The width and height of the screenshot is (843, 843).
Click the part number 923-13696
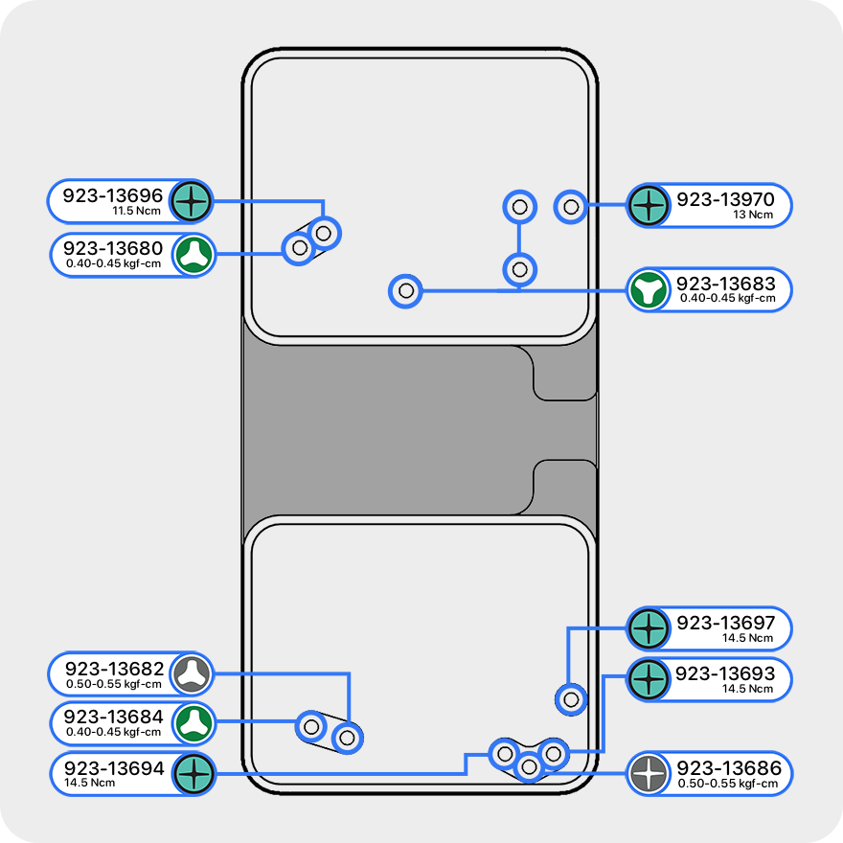pos(113,196)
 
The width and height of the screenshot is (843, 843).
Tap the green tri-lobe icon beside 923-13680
pos(194,254)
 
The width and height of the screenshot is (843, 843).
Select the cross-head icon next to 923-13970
pos(649,204)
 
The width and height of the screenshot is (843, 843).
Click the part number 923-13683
pos(726,284)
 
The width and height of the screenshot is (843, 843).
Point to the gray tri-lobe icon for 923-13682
pos(193,673)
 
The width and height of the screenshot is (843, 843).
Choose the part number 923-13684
pos(114,717)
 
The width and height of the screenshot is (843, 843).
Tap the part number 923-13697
pos(726,624)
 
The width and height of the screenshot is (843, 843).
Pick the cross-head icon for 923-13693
pos(649,679)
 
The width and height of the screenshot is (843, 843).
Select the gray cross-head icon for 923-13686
pos(649,773)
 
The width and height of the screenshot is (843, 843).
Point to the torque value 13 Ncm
pos(753,215)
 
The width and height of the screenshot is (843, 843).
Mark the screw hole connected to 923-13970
pos(571,206)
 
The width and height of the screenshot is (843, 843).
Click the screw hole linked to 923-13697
pos(571,699)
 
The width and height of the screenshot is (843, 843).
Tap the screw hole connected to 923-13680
pos(300,248)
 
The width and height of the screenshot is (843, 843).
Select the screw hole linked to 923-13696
pos(325,232)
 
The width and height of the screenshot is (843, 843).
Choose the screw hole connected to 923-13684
pos(311,726)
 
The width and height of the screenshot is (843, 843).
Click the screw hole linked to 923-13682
pos(348,738)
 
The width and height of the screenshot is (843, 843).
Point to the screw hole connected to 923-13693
pos(553,753)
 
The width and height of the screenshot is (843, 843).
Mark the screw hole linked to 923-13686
pos(529,766)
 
